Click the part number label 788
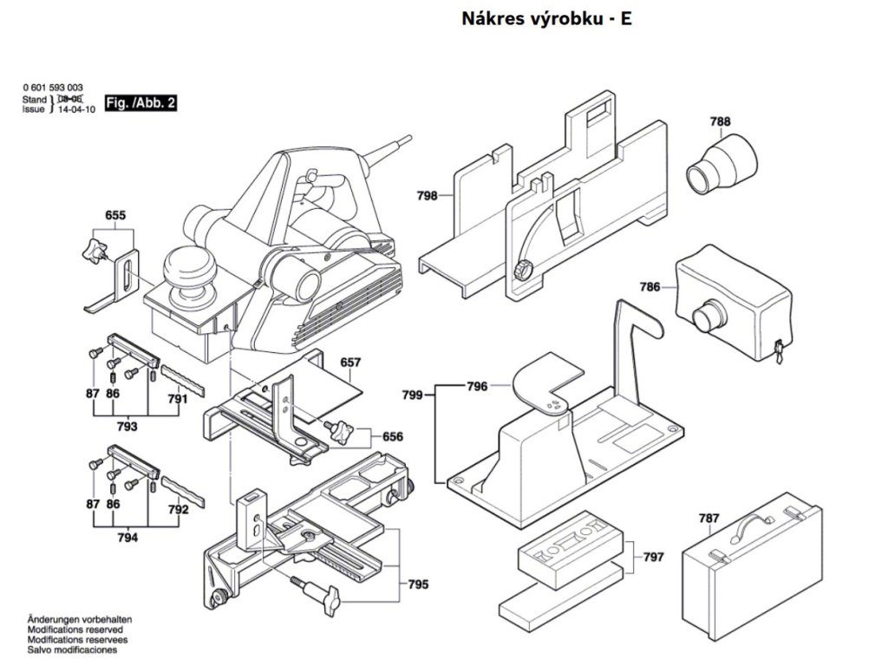tap(720, 122)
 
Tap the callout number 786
tap(650, 287)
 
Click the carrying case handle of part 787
tap(754, 523)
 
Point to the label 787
tap(708, 519)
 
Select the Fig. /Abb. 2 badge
tap(140, 102)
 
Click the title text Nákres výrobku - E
tap(545, 18)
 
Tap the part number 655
tap(115, 214)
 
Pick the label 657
tap(350, 362)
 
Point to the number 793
tap(127, 426)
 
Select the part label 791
tap(178, 400)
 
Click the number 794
tap(127, 538)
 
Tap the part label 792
tap(178, 510)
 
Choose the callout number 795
tap(418, 584)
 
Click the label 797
tap(654, 557)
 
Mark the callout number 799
tap(412, 395)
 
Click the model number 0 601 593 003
tap(53, 88)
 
